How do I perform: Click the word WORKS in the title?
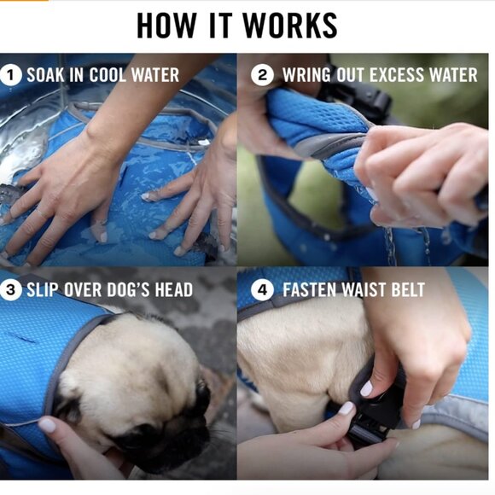click(x=290, y=26)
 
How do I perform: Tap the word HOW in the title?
click(x=166, y=26)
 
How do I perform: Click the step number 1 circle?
click(x=10, y=75)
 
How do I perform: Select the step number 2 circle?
click(x=262, y=75)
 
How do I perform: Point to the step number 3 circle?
click(x=10, y=289)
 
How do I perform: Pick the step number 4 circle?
click(x=262, y=289)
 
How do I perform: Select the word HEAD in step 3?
click(x=174, y=289)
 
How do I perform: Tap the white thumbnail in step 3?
click(x=47, y=425)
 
